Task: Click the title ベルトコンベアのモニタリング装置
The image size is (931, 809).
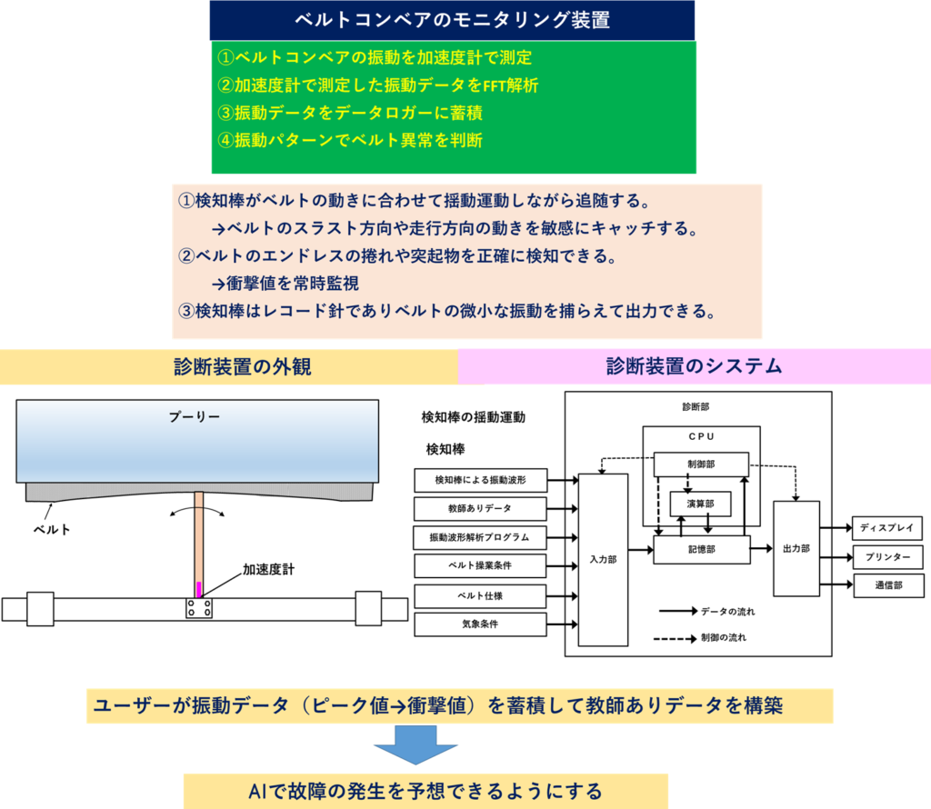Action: pos(452,20)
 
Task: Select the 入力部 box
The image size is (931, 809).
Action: pos(603,559)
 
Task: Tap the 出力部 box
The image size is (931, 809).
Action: pos(796,548)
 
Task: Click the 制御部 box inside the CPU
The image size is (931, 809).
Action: pos(701,464)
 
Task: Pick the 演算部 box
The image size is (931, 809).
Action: pos(700,503)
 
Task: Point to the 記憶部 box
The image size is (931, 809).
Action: pos(701,548)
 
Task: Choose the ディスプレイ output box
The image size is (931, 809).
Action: pos(887,527)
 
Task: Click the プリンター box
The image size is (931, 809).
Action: pos(887,556)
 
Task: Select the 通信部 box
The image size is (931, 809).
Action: pos(887,585)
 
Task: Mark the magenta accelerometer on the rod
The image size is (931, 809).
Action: pos(199,589)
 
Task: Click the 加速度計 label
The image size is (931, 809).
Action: pos(268,570)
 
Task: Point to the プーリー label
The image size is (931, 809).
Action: pos(195,416)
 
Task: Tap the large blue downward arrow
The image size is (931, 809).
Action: pos(415,748)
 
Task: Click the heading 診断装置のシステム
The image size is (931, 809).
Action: pos(694,366)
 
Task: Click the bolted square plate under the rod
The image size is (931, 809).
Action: pos(199,609)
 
